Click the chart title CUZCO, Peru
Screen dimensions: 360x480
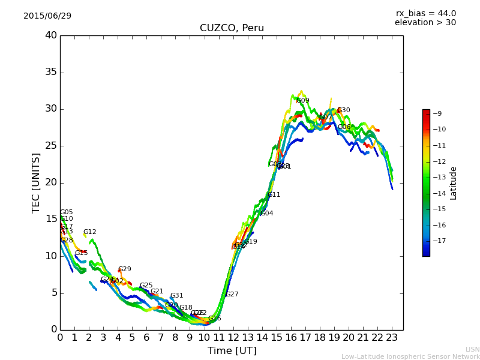pyautogui.click(x=232, y=28)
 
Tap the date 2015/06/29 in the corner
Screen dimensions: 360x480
pyautogui.click(x=47, y=16)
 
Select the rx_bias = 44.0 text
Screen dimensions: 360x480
pyautogui.click(x=425, y=13)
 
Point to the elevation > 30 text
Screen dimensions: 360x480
pyautogui.click(x=425, y=23)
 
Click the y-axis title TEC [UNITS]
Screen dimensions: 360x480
pyautogui.click(x=36, y=182)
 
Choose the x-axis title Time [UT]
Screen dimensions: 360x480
pyautogui.click(x=232, y=350)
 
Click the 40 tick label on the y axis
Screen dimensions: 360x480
pyautogui.click(x=50, y=35)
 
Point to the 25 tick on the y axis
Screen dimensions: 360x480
pyautogui.click(x=50, y=146)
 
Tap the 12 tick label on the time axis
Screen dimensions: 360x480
pyautogui.click(x=233, y=337)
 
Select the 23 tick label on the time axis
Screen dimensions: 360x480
pyautogui.click(x=392, y=337)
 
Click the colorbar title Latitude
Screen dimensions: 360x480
pyautogui.click(x=454, y=183)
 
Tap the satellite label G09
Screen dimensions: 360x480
pyautogui.click(x=303, y=101)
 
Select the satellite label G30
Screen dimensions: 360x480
pyautogui.click(x=344, y=110)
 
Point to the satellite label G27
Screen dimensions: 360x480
pyautogui.click(x=232, y=295)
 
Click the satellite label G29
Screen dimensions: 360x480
pyautogui.click(x=125, y=269)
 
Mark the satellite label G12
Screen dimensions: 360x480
pyautogui.click(x=90, y=232)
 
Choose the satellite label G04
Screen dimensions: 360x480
pyautogui.click(x=267, y=214)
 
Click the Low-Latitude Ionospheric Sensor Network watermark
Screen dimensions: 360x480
pyautogui.click(x=410, y=356)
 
